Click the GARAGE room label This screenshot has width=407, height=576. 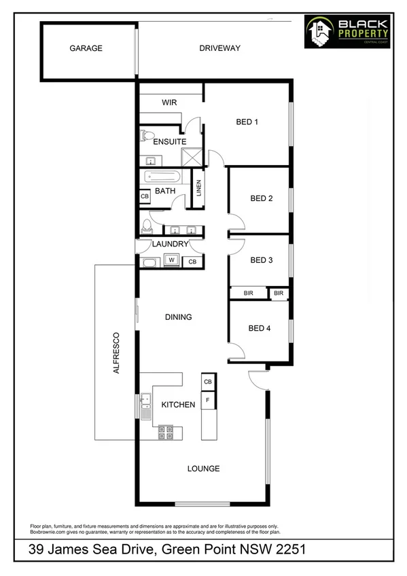click(86, 48)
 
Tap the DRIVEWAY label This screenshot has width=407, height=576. click(220, 48)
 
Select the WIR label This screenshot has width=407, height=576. click(169, 103)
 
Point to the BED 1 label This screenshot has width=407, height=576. click(247, 122)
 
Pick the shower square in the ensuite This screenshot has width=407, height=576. click(193, 157)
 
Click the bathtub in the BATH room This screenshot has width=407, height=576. click(162, 176)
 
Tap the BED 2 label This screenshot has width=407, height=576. click(262, 198)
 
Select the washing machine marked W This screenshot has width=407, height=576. click(172, 260)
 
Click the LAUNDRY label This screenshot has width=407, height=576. click(170, 244)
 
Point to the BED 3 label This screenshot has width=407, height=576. click(262, 259)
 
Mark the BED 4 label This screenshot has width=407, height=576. click(260, 328)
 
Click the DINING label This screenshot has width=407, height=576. click(179, 317)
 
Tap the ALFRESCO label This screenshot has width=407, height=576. click(116, 353)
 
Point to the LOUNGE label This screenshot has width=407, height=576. click(203, 468)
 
